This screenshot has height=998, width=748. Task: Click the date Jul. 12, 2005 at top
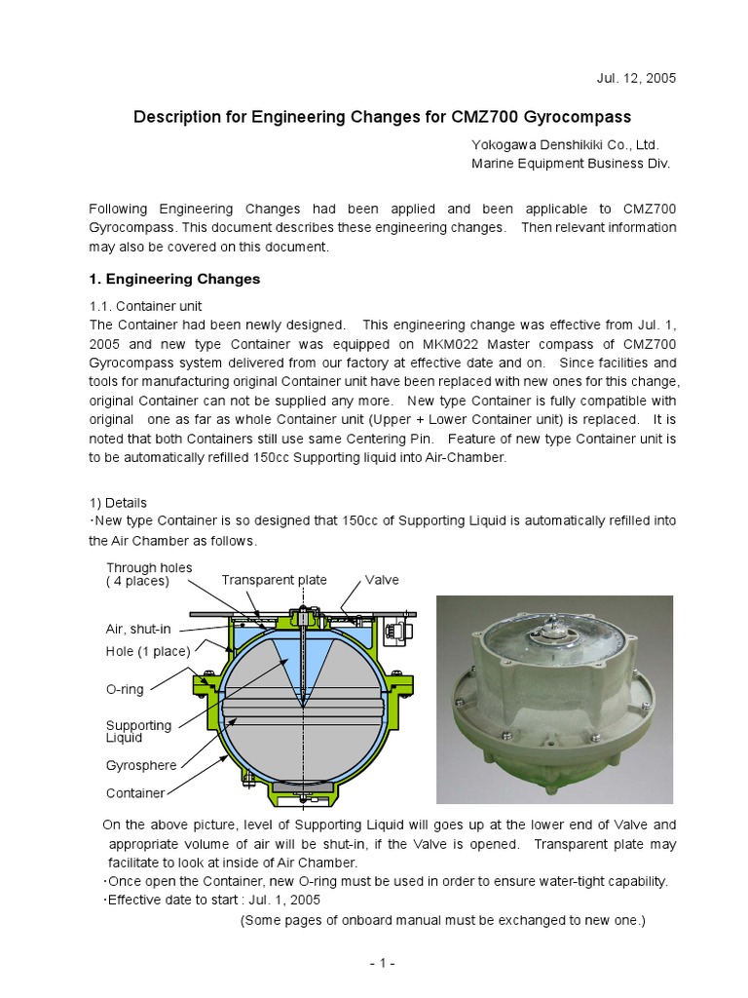tap(635, 78)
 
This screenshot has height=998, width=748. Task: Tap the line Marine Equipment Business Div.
tap(571, 164)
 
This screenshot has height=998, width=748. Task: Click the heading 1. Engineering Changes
tap(174, 279)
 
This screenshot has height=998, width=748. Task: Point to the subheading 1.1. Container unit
tap(145, 306)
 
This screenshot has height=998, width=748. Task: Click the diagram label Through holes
tap(149, 567)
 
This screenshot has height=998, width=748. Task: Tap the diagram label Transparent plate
tap(274, 580)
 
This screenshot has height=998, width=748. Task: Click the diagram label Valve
tap(382, 580)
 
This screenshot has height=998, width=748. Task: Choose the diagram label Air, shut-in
tap(138, 630)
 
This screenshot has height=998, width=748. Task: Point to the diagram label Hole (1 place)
tap(147, 651)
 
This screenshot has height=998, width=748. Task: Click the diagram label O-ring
tap(125, 689)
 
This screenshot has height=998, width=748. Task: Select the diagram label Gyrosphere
tap(141, 765)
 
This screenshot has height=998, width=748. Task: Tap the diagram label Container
tap(135, 793)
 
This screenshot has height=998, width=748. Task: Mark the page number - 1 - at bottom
tap(382, 964)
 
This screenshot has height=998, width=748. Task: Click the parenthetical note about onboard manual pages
tap(443, 920)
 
